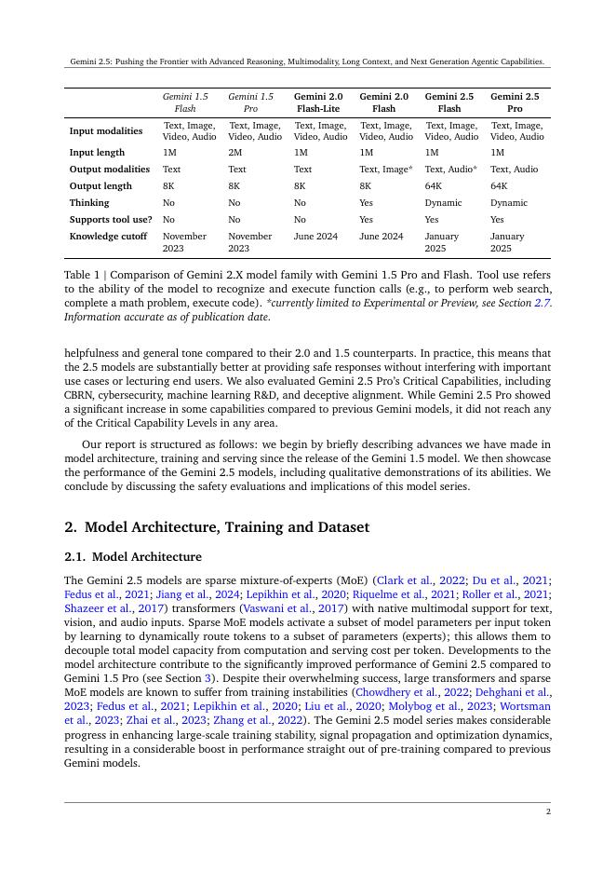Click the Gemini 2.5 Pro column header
[x=514, y=102]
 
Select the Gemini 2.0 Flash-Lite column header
[x=318, y=102]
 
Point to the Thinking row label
[x=89, y=203]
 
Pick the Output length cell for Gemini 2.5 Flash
[x=434, y=186]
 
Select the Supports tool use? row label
[x=111, y=220]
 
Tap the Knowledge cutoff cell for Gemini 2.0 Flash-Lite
[x=315, y=237]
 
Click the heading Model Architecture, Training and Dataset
[x=227, y=527]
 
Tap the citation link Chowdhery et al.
[x=429, y=692]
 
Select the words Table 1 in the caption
[x=83, y=276]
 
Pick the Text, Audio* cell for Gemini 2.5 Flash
[x=450, y=170]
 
